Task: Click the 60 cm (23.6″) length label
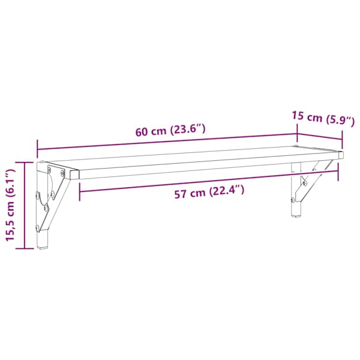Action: click(x=170, y=130)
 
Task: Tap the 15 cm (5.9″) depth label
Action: click(x=323, y=119)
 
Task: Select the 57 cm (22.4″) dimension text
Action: click(x=209, y=192)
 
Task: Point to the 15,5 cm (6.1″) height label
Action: click(x=10, y=205)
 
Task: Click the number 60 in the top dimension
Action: click(x=141, y=132)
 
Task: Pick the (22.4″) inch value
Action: click(x=226, y=190)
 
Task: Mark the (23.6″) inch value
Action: click(x=187, y=130)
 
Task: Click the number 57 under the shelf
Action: click(x=180, y=194)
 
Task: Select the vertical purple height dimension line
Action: click(x=25, y=205)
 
